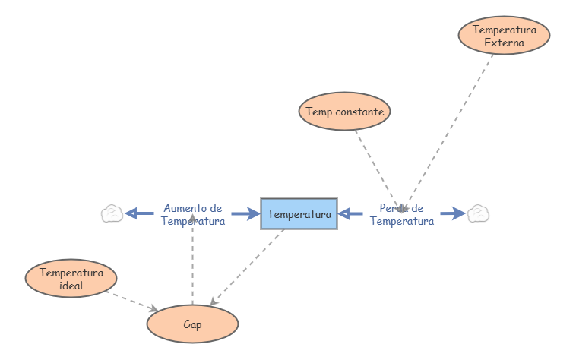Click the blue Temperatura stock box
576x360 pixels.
pos(299,214)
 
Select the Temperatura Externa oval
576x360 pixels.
pos(504,36)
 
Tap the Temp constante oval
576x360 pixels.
pos(344,112)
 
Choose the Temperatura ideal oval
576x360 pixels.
pos(71,279)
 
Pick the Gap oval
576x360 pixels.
pos(192,324)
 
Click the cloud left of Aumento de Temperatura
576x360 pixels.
pos(112,213)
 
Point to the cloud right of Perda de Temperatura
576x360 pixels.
pos(478,213)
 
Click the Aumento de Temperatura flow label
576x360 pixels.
pos(192,215)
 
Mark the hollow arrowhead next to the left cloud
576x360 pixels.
pos(131,213)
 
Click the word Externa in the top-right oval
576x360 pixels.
pos(504,43)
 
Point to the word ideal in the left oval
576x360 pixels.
pos(71,286)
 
